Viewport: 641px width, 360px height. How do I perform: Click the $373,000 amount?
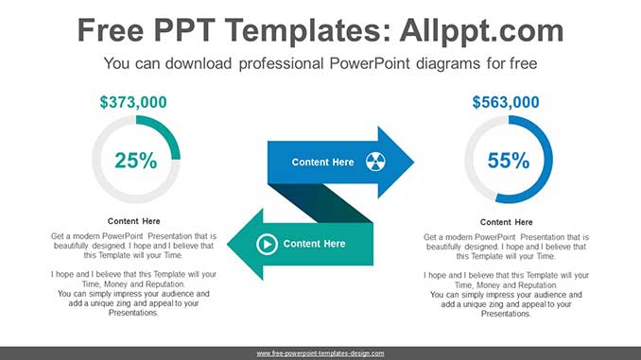click(133, 102)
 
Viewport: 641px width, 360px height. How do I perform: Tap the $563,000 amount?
click(506, 102)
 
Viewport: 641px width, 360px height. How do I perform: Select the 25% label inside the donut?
click(136, 161)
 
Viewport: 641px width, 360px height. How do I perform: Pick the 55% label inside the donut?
click(509, 161)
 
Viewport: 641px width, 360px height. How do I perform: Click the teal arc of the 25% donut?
click(167, 129)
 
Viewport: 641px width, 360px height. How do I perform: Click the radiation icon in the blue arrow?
click(375, 162)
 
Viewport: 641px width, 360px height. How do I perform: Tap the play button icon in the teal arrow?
click(267, 245)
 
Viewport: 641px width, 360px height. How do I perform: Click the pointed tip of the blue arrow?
click(414, 163)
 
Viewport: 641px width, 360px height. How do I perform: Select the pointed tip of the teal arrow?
click(228, 245)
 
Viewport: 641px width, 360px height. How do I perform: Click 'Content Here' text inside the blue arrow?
click(322, 163)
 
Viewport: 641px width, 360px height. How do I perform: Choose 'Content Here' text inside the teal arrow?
click(314, 244)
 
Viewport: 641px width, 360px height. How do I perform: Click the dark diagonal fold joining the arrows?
click(320, 203)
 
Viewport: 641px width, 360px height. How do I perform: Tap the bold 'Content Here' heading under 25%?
click(133, 221)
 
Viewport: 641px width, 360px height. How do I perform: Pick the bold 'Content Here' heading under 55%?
click(506, 222)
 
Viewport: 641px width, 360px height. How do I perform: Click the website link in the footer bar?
click(320, 353)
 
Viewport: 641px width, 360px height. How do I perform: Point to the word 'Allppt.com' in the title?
click(481, 30)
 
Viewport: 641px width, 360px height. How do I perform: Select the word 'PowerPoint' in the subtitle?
click(370, 63)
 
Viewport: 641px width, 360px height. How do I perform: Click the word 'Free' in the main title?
click(111, 30)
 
